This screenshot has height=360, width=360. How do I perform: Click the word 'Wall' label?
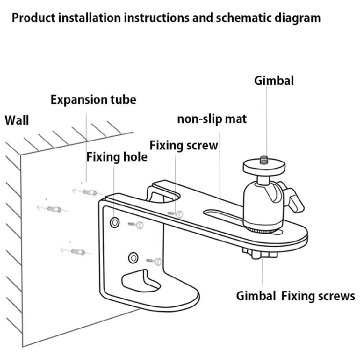(x=17, y=120)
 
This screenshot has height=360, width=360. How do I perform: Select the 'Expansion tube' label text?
(x=93, y=100)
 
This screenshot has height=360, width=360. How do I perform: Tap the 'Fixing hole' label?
(x=117, y=157)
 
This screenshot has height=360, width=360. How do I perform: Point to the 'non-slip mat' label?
(x=212, y=119)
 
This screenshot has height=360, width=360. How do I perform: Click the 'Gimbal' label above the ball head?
(x=274, y=80)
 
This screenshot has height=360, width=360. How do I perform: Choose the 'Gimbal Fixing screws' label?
(x=295, y=295)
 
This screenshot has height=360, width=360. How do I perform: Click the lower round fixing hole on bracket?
(x=133, y=258)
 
